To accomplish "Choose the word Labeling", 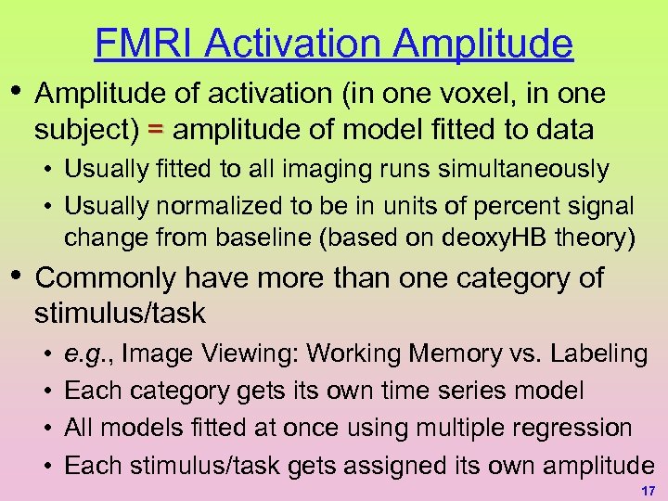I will click(x=598, y=353).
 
